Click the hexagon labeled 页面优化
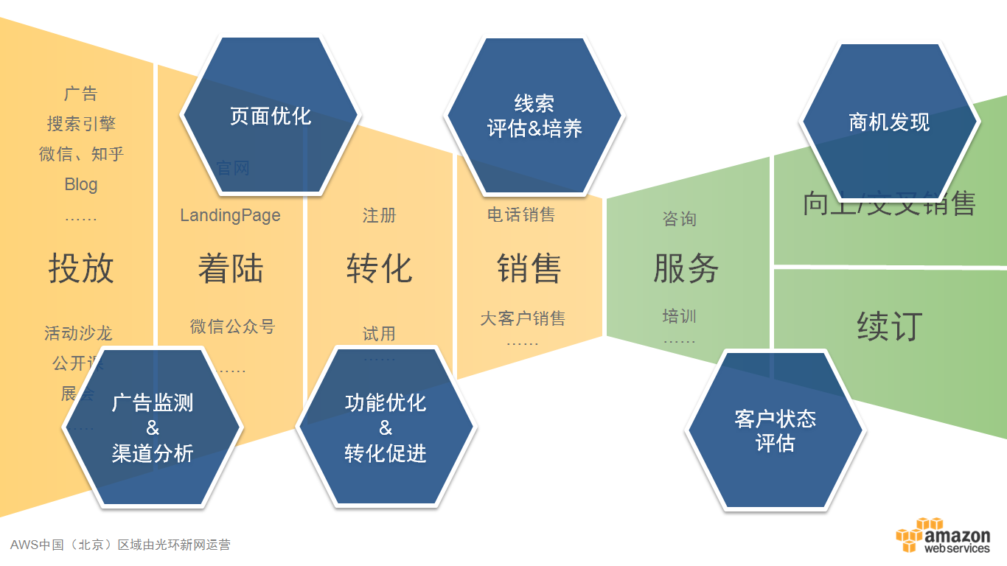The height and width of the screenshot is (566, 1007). pyautogui.click(x=270, y=116)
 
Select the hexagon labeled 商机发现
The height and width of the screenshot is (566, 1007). pyautogui.click(x=890, y=122)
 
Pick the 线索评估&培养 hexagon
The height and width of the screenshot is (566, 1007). pyautogui.click(x=534, y=116)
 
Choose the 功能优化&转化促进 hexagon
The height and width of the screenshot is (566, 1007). pyautogui.click(x=386, y=428)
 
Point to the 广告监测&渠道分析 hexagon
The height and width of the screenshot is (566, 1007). pyautogui.click(x=153, y=428)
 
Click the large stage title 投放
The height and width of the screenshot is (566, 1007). pyautogui.click(x=81, y=268)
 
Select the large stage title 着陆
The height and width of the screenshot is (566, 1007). pyautogui.click(x=231, y=269)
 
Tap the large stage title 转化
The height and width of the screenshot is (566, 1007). pyautogui.click(x=379, y=268)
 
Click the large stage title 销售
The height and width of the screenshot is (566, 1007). pyautogui.click(x=529, y=268)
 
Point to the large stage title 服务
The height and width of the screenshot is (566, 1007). pyautogui.click(x=686, y=268)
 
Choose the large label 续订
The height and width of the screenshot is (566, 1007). pyautogui.click(x=890, y=326)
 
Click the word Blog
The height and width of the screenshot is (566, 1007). pyautogui.click(x=81, y=184)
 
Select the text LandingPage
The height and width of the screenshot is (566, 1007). pyautogui.click(x=230, y=215)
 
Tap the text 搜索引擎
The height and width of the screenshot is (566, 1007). pyautogui.click(x=81, y=124)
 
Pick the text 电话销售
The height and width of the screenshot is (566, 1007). pyautogui.click(x=521, y=214)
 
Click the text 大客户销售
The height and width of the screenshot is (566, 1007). pyautogui.click(x=523, y=318)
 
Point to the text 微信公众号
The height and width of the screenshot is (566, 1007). pyautogui.click(x=232, y=326)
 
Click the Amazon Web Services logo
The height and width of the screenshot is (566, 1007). pyautogui.click(x=943, y=536)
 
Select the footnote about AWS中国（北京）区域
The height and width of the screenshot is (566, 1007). pyautogui.click(x=120, y=545)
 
